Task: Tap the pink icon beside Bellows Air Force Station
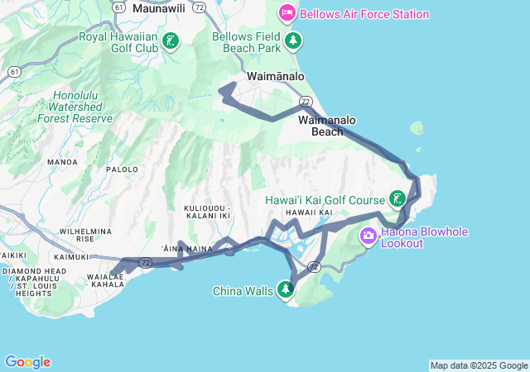point(287,13)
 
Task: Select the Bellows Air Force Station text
point(364,14)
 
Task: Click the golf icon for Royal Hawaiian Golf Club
point(171,41)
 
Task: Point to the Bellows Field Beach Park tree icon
point(291,41)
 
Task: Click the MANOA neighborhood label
point(62,162)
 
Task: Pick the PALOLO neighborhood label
point(122,169)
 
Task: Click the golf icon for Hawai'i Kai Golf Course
point(398,199)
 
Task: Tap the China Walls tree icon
point(286,289)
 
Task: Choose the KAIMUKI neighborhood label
point(70,257)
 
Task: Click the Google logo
point(27,362)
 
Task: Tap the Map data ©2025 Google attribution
point(479,365)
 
